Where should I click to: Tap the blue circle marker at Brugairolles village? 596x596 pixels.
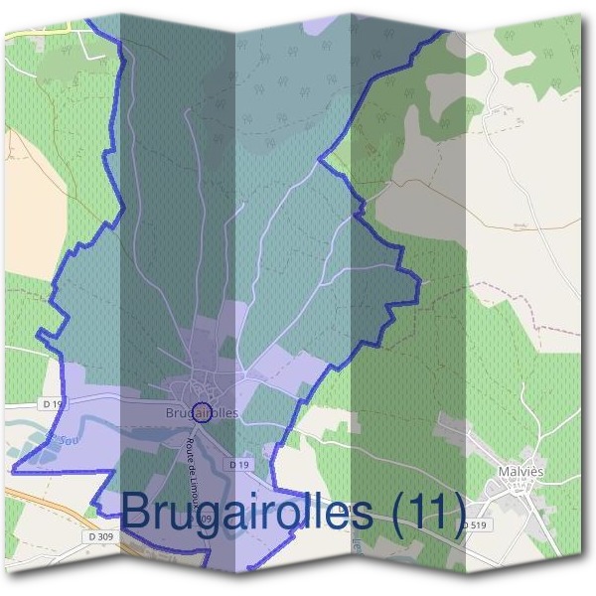pyautogui.click(x=201, y=411)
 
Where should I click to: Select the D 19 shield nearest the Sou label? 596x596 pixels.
pyautogui.click(x=53, y=404)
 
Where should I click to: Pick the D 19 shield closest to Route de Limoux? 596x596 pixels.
pyautogui.click(x=237, y=464)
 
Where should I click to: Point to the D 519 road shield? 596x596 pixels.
pyautogui.click(x=478, y=524)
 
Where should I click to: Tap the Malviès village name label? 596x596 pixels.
pyautogui.click(x=521, y=465)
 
